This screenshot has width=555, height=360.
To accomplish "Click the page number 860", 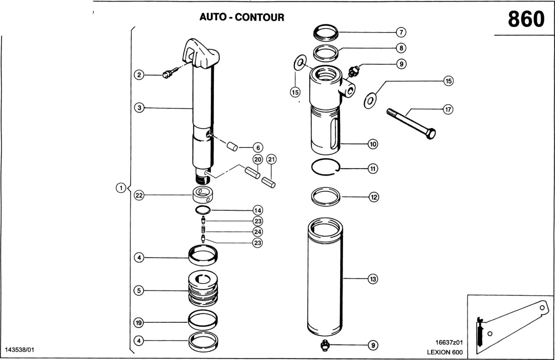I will coord(526,19).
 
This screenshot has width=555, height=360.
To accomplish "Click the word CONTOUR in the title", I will coord(260,17).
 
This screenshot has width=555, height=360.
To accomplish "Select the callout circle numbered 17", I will coord(448,110).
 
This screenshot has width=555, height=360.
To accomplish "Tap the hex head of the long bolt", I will coord(431,133).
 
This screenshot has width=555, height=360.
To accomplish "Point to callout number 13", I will coord(372,279).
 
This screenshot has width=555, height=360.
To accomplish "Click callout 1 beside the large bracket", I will coord(121,188).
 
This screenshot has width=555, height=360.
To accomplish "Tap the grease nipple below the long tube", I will coord(323,345).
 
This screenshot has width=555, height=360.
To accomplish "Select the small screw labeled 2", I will coord(167,74).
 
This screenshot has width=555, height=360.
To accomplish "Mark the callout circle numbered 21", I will coord(271,159).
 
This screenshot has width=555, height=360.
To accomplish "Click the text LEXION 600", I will coord(445,352).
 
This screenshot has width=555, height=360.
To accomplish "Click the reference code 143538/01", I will coord(20,349).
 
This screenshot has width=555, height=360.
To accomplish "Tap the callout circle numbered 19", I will coord(139,322).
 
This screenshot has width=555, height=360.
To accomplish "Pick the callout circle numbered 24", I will coord(258,231).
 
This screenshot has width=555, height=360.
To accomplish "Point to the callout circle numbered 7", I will coord(401,32).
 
